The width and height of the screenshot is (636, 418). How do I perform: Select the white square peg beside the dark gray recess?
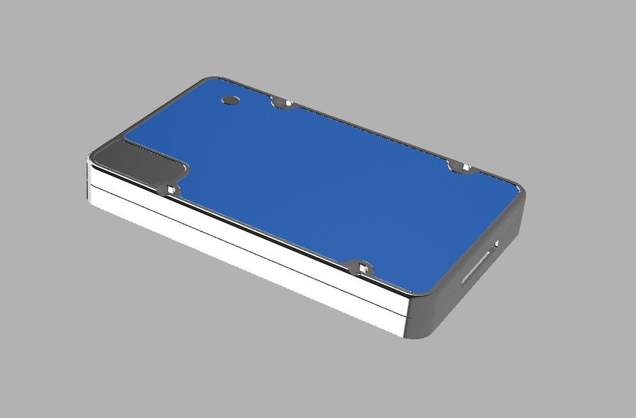coord(171,189)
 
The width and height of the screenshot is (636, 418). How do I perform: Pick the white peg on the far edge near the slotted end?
coord(465,168)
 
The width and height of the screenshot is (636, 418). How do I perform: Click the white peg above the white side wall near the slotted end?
coord(363,267)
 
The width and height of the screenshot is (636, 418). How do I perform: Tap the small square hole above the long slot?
coord(496,243)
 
